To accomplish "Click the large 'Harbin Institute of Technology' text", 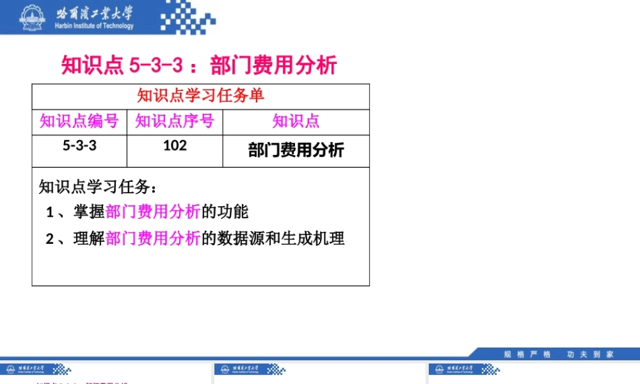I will [x=95, y=26].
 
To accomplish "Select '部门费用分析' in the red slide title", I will [x=273, y=65].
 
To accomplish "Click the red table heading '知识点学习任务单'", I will [x=200, y=96].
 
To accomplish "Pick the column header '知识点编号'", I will [x=79, y=121].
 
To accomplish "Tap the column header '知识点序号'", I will [x=175, y=121].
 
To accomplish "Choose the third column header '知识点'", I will [x=296, y=121].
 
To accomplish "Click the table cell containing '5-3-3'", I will [x=79, y=146].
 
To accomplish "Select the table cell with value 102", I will [x=175, y=146].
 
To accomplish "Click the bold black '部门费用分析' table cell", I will [x=296, y=150].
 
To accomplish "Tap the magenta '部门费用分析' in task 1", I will [x=153, y=212].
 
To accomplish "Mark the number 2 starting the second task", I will [x=49, y=239].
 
